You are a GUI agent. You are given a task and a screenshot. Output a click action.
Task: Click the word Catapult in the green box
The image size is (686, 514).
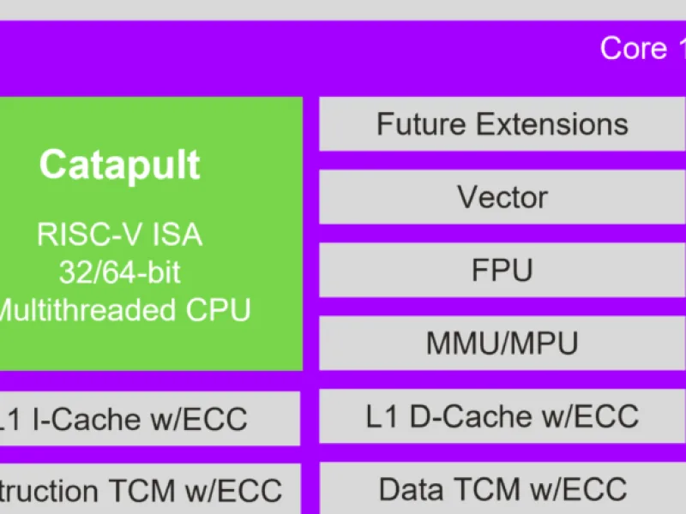tap(120, 164)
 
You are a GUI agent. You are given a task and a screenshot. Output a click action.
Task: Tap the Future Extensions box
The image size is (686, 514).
tap(502, 124)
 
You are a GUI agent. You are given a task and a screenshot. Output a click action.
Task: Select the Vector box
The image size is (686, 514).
tap(502, 197)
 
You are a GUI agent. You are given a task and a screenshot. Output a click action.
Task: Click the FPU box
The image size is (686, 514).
tap(502, 271)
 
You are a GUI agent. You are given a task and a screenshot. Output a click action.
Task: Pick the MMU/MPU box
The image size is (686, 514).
tap(502, 344)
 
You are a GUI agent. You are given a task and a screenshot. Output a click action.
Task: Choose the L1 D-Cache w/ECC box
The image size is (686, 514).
tap(502, 416)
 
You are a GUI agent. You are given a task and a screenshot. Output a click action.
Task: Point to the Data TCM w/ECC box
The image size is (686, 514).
tap(502, 489)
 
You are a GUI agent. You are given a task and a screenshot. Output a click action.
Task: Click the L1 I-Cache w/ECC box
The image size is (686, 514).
tap(146, 419)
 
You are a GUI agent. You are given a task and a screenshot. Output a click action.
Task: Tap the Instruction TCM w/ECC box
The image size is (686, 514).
tap(146, 491)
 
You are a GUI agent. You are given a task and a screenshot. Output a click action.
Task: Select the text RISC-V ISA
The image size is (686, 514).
tap(120, 234)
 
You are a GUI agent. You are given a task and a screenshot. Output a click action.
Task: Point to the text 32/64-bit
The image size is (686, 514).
tap(120, 272)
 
